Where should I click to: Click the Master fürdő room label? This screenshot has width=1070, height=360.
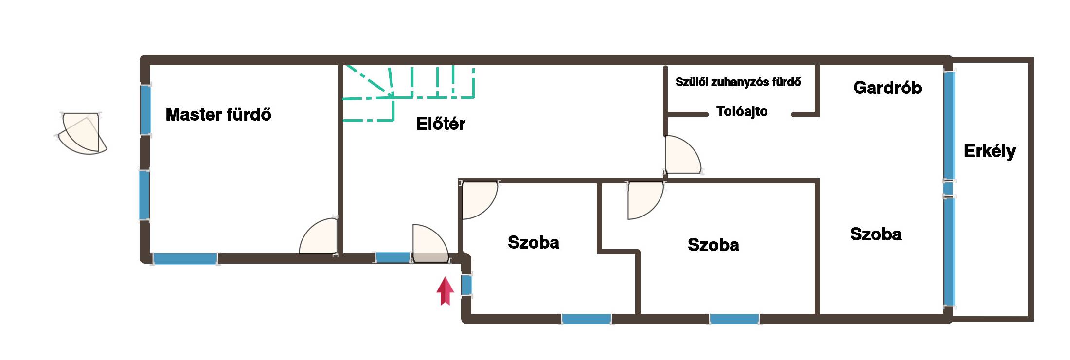218,114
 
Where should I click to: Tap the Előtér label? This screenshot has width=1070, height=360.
441,124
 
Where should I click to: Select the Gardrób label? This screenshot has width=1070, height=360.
888,88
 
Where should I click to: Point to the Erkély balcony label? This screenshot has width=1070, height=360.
990,151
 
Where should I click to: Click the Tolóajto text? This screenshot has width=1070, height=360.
742,111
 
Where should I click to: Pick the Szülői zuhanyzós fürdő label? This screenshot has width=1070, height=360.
738,82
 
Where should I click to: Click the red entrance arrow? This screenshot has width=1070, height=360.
445,291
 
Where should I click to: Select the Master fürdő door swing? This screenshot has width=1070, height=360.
318,236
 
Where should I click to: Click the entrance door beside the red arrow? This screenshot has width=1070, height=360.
430,243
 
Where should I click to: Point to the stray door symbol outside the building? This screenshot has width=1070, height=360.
81,133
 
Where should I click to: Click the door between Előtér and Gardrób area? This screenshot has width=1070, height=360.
683,154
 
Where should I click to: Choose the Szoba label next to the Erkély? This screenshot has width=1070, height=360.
875,234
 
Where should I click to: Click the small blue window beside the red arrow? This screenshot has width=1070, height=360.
466,285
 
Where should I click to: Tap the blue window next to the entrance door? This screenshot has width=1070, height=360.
393,258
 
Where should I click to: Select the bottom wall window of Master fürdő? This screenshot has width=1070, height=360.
185,259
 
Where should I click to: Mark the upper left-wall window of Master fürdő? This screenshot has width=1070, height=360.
145,110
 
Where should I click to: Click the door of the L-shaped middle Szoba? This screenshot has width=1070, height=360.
645,200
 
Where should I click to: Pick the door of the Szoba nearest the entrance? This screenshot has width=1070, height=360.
480,200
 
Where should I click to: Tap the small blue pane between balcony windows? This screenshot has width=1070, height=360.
948,188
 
